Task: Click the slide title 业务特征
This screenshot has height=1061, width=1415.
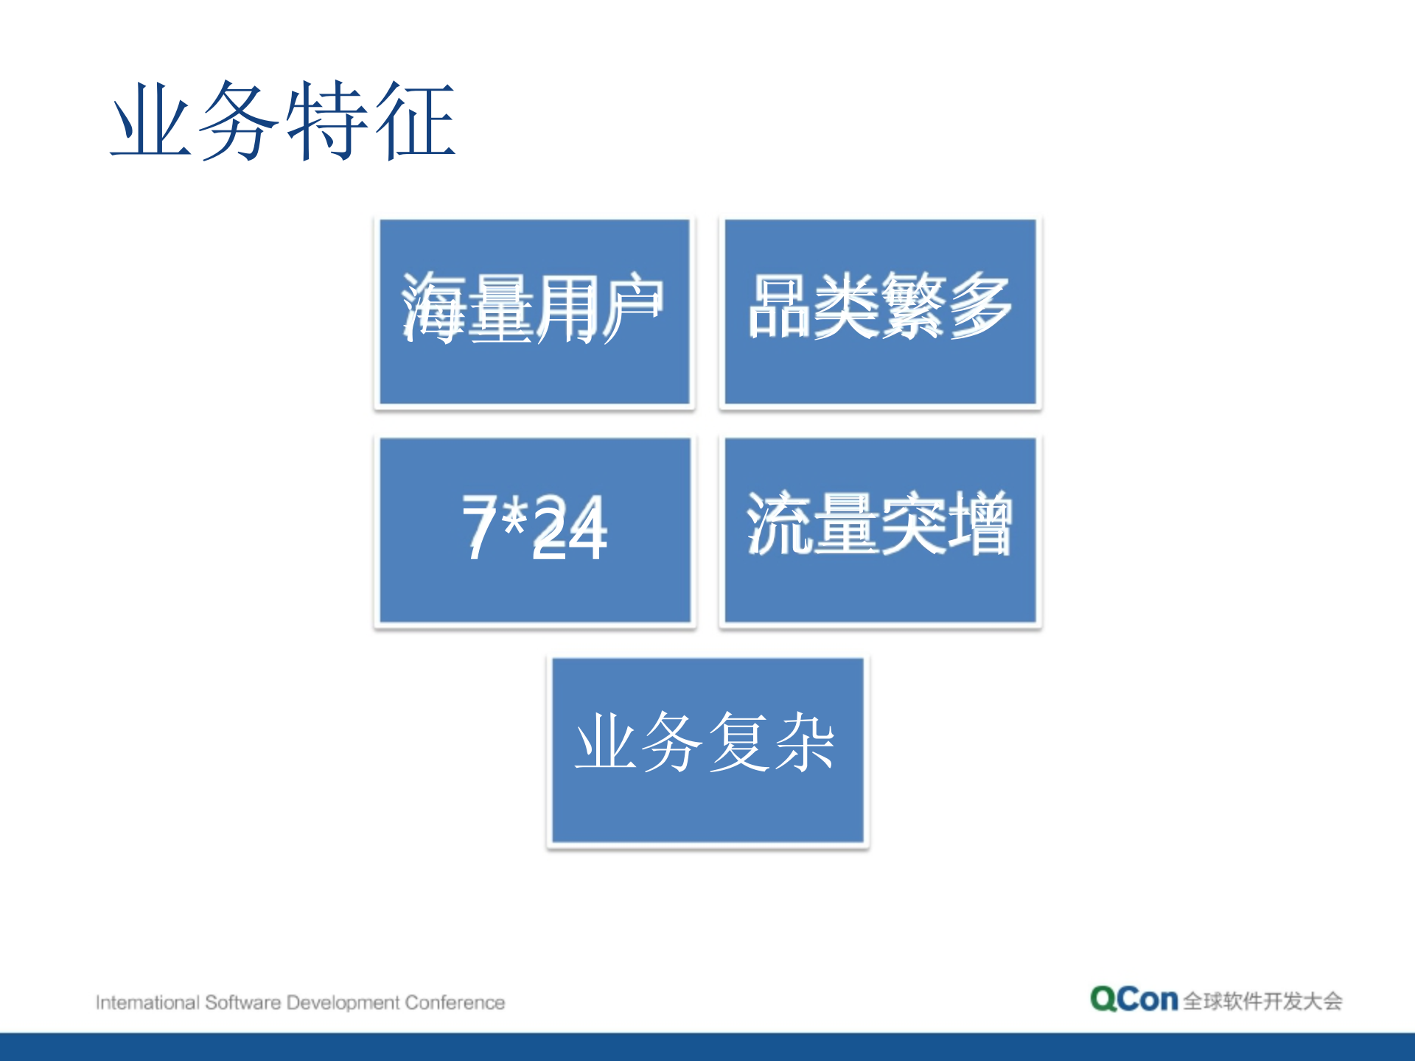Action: (284, 122)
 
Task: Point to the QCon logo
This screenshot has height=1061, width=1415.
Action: (1133, 999)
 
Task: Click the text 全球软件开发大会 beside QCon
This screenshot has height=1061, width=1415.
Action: (1262, 1001)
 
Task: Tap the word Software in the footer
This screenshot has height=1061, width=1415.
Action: (242, 1003)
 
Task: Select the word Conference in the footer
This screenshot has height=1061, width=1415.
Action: (455, 1003)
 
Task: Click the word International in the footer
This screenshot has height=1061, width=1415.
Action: (147, 1003)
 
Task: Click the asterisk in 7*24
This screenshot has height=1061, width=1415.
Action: (514, 516)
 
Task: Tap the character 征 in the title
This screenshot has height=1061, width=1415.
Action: (415, 122)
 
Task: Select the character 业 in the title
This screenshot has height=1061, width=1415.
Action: (151, 122)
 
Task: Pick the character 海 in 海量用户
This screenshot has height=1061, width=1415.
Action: (435, 308)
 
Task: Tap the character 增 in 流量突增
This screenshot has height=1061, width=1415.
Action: (980, 523)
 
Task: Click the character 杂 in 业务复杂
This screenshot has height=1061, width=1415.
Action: (803, 743)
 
